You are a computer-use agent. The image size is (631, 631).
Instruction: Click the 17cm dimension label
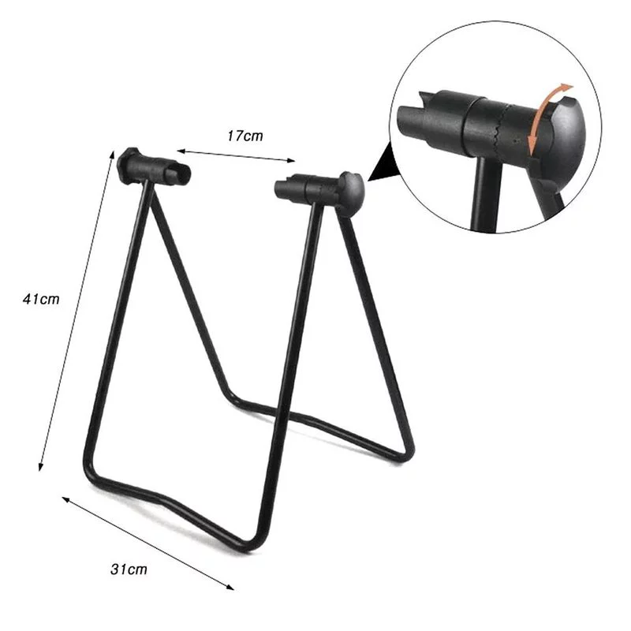tap(245, 135)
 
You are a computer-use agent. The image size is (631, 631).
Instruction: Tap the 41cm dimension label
tap(41, 299)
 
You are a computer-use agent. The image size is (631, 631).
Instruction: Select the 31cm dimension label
tap(128, 567)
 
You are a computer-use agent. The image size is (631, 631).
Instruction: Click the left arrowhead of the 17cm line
tap(179, 148)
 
